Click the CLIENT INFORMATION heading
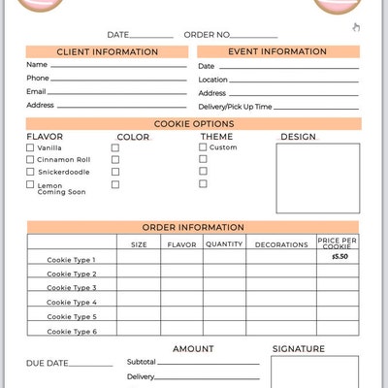tap(107, 51)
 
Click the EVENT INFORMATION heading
tap(277, 51)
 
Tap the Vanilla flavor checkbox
tap(30, 147)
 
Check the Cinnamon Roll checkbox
tap(30, 159)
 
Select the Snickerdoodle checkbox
tap(30, 172)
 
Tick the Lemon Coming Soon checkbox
tap(30, 184)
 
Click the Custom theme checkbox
tap(203, 147)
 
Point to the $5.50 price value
tap(339, 257)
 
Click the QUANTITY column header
tap(224, 244)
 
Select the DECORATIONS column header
tap(281, 244)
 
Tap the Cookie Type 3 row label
tap(72, 288)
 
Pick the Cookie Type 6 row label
tap(72, 331)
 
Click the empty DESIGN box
tap(319, 178)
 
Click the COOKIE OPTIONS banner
tap(194, 124)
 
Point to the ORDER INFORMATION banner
tap(194, 227)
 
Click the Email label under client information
tap(36, 91)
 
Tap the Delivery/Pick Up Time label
tap(235, 107)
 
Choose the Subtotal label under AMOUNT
tap(141, 362)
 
